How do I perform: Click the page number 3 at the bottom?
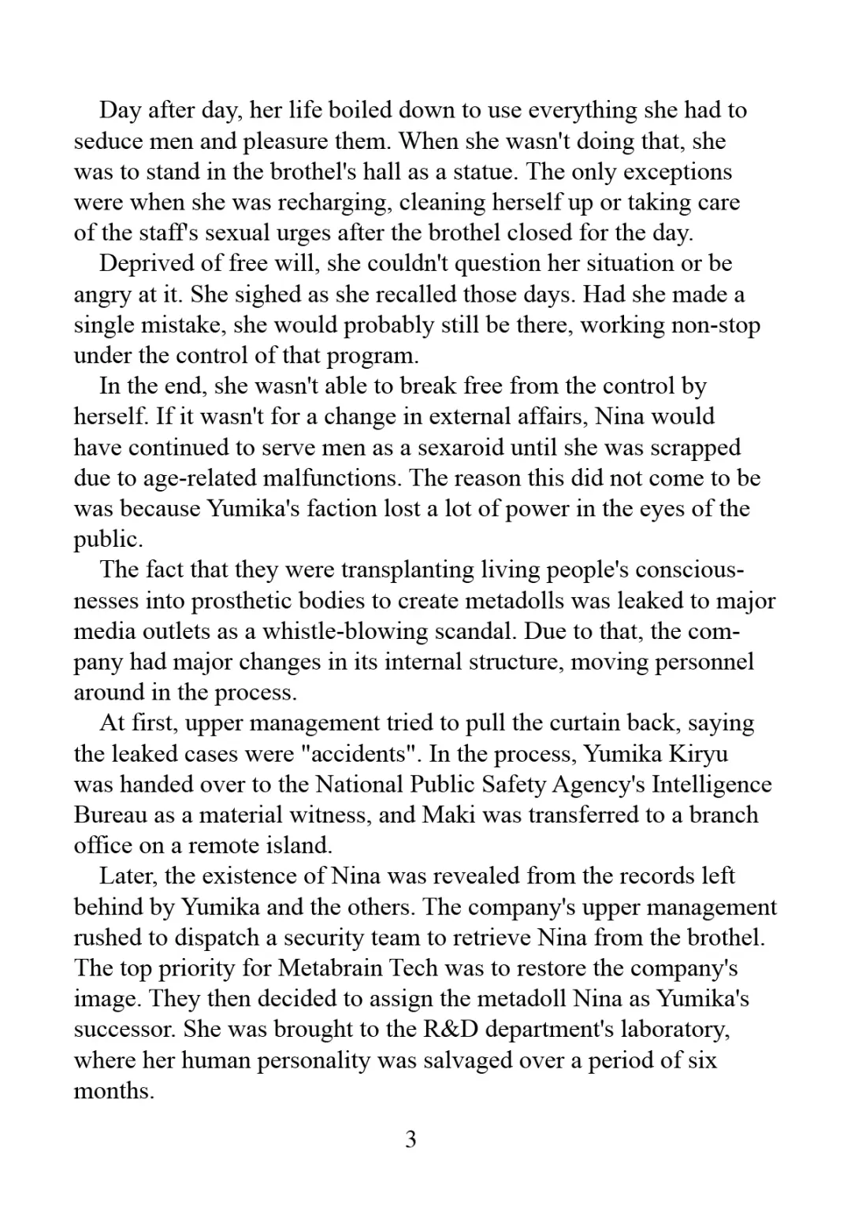tap(411, 1139)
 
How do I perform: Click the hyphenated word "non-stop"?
tap(715, 325)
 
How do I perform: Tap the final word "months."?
tap(113, 1091)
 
